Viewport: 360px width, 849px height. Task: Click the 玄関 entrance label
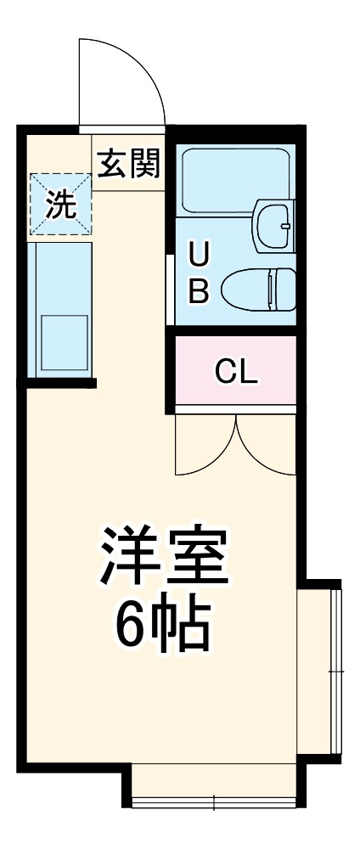[128, 163]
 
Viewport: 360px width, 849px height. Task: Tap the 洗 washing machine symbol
[59, 205]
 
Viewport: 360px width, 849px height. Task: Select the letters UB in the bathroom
[197, 272]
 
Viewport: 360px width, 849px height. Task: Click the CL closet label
[236, 371]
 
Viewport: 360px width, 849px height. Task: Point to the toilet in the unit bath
[258, 289]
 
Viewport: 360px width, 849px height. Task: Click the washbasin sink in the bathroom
[273, 224]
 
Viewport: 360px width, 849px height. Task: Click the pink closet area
[236, 371]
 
